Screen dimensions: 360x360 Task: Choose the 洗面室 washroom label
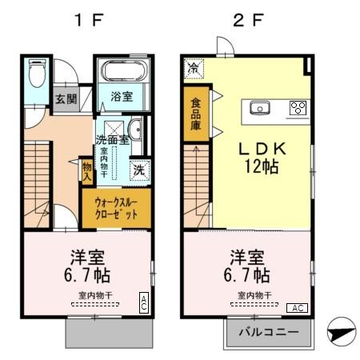(111, 140)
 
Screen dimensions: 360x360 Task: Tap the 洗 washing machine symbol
(139, 170)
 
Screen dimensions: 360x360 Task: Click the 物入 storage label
(87, 171)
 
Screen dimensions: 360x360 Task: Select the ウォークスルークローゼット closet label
(115, 208)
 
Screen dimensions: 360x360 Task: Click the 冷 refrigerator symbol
(193, 68)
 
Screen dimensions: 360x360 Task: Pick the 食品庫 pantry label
(195, 114)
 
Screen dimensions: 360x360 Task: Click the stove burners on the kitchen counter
(298, 108)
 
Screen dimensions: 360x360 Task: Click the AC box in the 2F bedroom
(297, 308)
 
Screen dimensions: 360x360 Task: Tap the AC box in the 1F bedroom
(143, 302)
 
